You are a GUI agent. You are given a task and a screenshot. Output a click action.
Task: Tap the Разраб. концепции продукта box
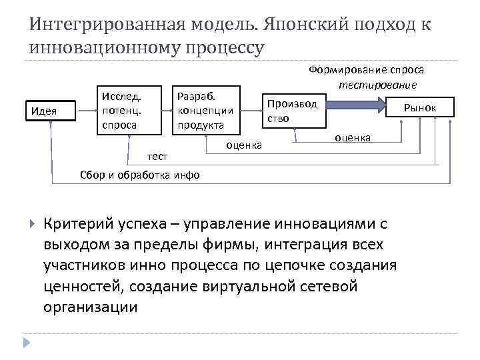click(205, 109)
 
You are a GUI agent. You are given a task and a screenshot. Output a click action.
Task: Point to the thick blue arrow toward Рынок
click(356, 105)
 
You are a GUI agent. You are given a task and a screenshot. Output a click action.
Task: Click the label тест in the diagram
click(157, 155)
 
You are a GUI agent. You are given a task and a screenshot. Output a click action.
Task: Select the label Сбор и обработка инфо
click(138, 175)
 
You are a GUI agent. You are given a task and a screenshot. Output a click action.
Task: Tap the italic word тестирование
click(377, 85)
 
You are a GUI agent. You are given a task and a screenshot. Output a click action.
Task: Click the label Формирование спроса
click(366, 70)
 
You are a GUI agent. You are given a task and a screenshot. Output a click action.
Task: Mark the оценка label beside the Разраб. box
click(245, 144)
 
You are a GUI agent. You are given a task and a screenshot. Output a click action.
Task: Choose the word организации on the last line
click(91, 307)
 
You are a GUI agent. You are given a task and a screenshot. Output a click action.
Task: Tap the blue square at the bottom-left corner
click(27, 342)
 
